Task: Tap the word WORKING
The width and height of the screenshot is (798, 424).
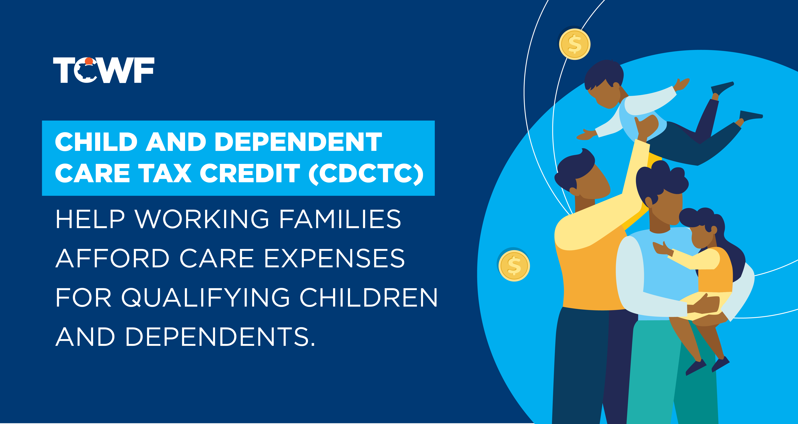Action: click(202, 219)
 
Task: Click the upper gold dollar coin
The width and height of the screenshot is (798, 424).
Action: click(575, 44)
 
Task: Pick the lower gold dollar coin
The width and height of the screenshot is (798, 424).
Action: click(514, 266)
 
